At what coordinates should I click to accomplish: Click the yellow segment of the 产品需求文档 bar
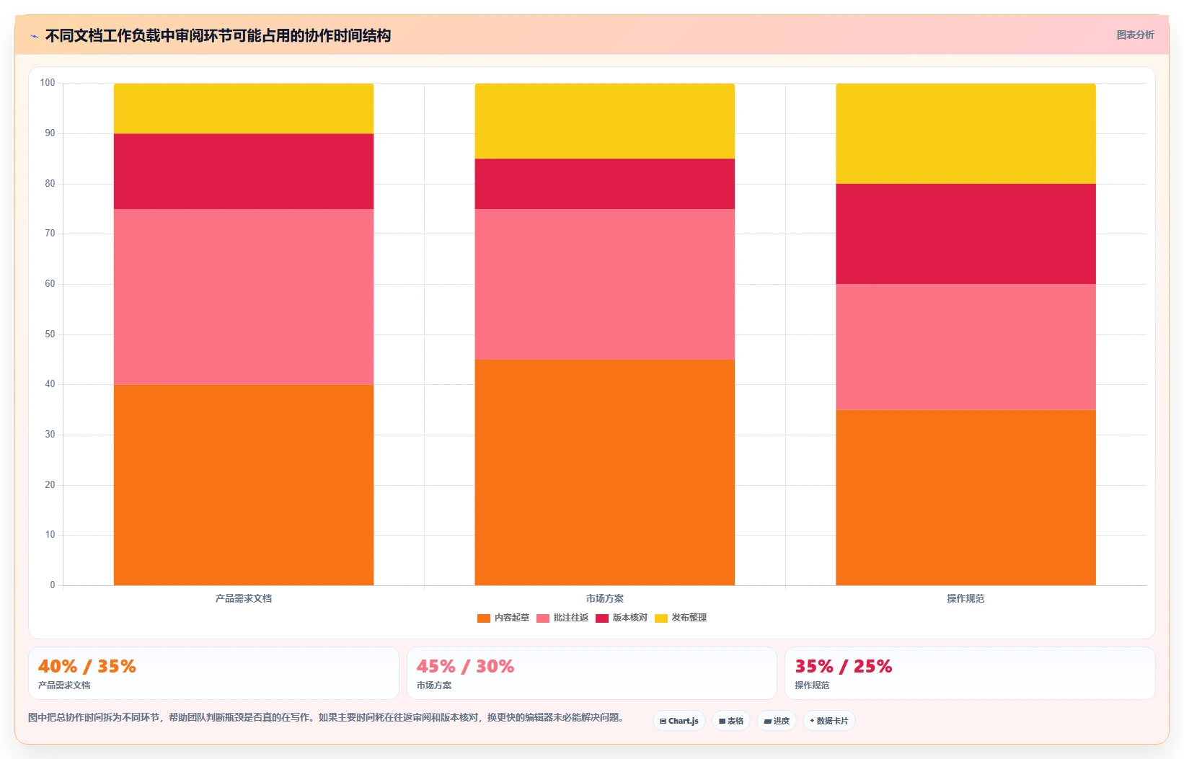pos(244,108)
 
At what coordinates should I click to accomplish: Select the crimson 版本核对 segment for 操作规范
pos(966,234)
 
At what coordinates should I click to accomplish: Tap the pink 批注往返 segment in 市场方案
pos(605,285)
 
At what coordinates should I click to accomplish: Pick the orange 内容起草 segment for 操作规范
pos(966,497)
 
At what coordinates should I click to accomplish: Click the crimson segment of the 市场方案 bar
pos(605,184)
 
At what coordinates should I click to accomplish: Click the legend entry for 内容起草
pos(503,618)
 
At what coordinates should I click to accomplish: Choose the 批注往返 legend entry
pos(562,618)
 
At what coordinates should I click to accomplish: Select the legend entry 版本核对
pos(622,618)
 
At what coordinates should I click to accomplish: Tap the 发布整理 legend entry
pos(681,618)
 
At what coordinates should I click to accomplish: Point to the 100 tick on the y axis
pos(48,82)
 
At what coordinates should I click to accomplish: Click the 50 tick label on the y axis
pos(50,334)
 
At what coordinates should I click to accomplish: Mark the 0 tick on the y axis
pos(53,585)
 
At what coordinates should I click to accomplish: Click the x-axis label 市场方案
pos(605,598)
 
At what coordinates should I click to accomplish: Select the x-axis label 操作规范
pos(966,598)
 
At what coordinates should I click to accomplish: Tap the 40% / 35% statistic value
pos(87,666)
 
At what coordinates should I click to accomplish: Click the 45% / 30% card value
pos(465,666)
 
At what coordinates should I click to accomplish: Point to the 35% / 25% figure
pos(844,666)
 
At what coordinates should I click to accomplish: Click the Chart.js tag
pos(679,721)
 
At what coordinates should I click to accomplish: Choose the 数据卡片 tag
pos(829,721)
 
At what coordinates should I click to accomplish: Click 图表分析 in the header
pos(1136,35)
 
